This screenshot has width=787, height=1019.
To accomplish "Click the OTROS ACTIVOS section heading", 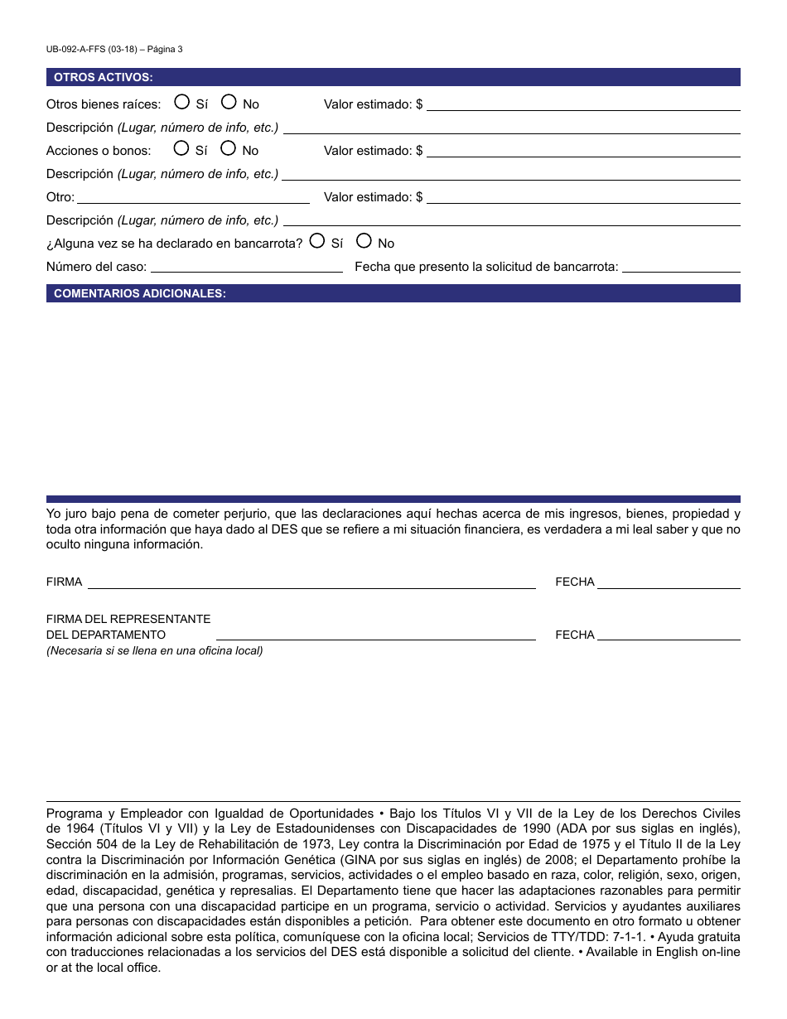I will pyautogui.click(x=103, y=77).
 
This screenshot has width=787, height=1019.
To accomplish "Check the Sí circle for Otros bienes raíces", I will pyautogui.click(x=181, y=102).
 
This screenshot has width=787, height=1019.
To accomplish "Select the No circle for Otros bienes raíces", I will pyautogui.click(x=229, y=102).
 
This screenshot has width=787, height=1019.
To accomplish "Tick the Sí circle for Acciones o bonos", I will pyautogui.click(x=181, y=148).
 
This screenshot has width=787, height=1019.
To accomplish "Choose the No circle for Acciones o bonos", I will pyautogui.click(x=229, y=148).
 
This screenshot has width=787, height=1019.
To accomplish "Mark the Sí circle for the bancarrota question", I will pyautogui.click(x=316, y=241).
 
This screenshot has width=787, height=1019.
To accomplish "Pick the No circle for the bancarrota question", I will pyautogui.click(x=364, y=241).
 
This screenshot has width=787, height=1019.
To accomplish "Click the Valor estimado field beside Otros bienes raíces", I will pyautogui.click(x=582, y=104).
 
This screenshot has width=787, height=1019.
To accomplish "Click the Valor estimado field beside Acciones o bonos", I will pyautogui.click(x=582, y=151).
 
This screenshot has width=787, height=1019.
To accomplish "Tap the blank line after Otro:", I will pyautogui.click(x=193, y=197).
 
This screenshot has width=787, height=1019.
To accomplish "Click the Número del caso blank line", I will pyautogui.click(x=246, y=267).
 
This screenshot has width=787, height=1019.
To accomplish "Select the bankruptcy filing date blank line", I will pyautogui.click(x=681, y=267).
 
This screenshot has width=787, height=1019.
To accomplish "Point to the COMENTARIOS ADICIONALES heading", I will pyautogui.click(x=139, y=293).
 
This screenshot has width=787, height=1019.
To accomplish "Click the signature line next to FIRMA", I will pyautogui.click(x=311, y=582).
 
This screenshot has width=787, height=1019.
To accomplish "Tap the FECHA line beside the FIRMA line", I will pyautogui.click(x=669, y=582).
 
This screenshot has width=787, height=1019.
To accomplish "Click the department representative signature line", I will pyautogui.click(x=375, y=635).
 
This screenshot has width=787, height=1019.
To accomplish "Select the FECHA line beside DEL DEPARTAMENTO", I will pyautogui.click(x=669, y=635).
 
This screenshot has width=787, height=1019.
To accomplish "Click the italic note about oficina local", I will pyautogui.click(x=154, y=650).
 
